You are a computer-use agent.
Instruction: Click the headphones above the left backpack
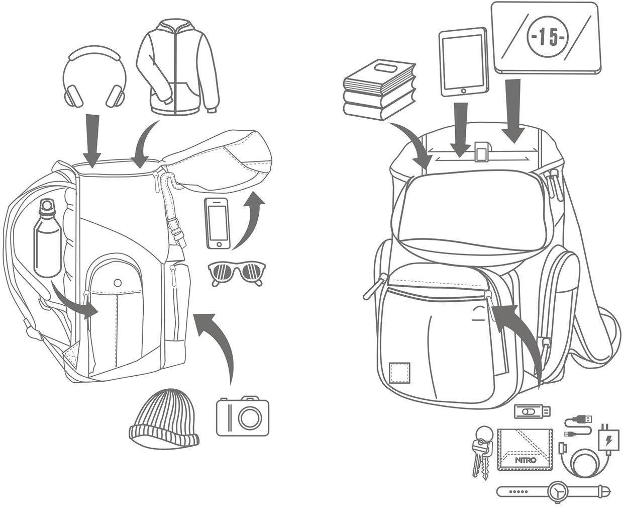coord(94,80)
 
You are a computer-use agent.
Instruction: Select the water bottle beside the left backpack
coord(48,239)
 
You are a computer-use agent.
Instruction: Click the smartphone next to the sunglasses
coord(218,223)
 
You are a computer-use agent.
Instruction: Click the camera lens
coord(250,417)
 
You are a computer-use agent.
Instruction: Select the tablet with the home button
coord(463,61)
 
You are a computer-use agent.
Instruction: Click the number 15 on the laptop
coord(547,38)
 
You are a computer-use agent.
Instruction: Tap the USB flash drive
coord(532,411)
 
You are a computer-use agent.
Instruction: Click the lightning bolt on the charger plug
coord(609,441)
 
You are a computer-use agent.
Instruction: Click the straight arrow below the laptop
coord(513,111)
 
